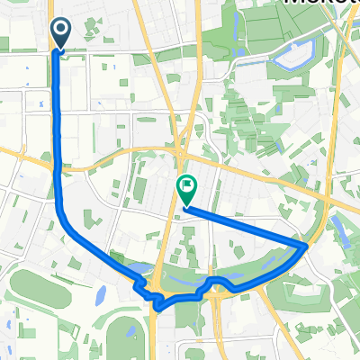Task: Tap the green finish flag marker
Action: point(186,189)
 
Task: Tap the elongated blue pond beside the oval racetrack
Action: point(100,293)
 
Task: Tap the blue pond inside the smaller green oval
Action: point(130,331)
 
